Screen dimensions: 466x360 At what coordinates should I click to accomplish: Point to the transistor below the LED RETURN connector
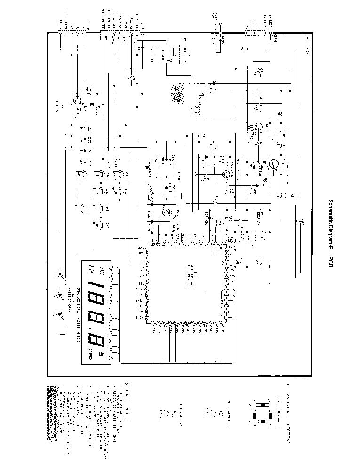(x=77, y=101)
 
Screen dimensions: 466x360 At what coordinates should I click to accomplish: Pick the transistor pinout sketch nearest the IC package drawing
(x=215, y=415)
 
